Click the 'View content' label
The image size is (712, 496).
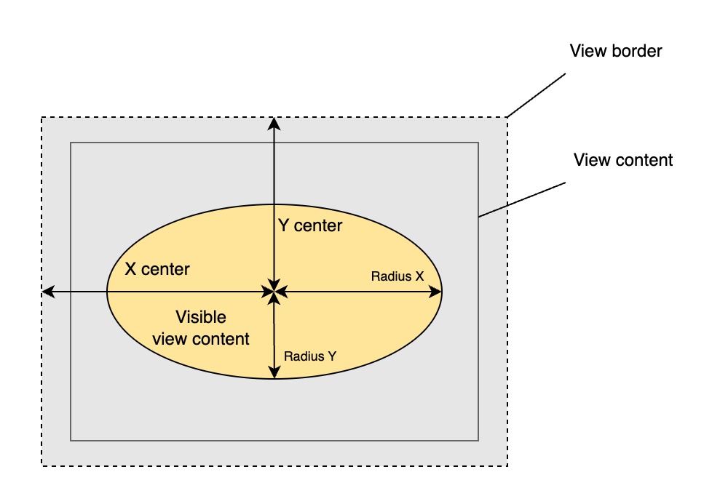623,160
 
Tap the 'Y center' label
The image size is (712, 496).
310,226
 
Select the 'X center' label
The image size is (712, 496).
157,269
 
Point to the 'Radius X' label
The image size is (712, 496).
397,276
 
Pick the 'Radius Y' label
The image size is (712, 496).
310,356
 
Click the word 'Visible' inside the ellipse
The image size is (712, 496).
201,318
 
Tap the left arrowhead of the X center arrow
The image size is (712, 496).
47,292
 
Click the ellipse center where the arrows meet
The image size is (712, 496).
274,292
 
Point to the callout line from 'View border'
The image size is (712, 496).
537,95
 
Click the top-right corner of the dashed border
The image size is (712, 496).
507,118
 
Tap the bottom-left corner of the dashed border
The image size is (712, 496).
41,465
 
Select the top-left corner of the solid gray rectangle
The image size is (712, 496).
71,143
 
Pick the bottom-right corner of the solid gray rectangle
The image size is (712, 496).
478,440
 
